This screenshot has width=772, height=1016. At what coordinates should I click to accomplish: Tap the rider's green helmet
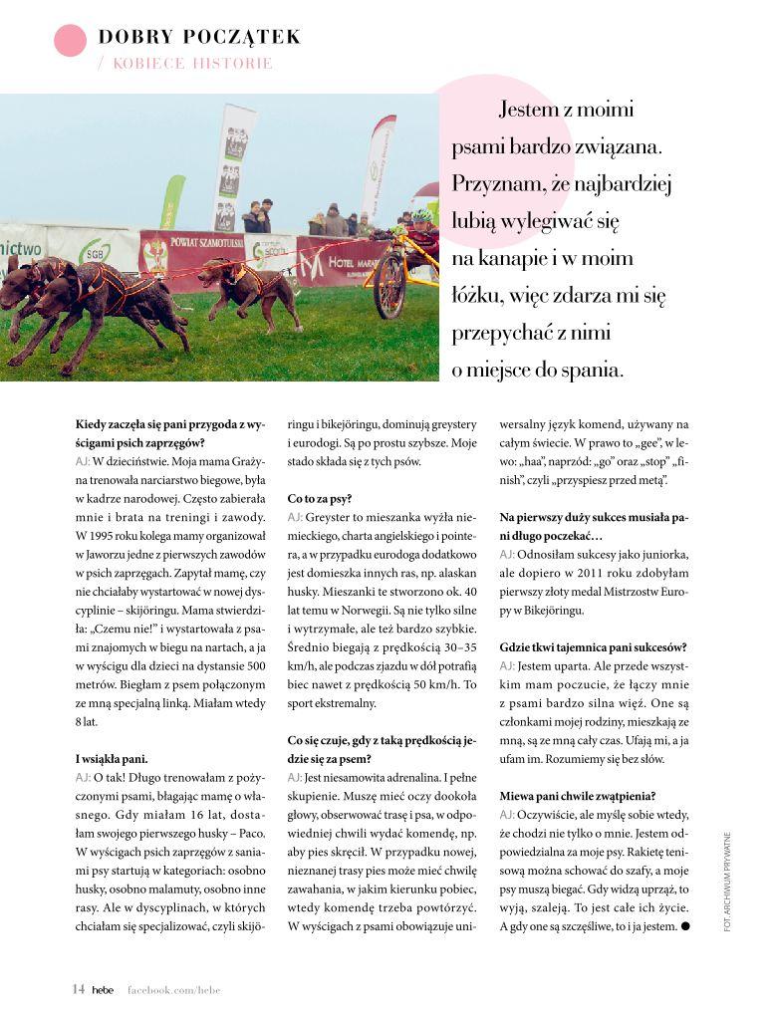click(x=422, y=216)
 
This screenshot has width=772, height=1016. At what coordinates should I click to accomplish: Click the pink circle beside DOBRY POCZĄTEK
click(x=71, y=40)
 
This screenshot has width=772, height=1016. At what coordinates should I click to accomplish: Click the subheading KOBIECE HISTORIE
click(x=192, y=64)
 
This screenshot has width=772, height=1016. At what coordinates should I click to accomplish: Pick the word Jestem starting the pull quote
click(x=537, y=110)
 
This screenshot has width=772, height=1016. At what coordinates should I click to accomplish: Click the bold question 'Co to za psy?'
click(x=320, y=497)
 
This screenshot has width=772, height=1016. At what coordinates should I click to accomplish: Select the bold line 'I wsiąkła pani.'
click(x=112, y=758)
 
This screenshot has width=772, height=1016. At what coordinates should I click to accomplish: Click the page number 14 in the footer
click(x=78, y=989)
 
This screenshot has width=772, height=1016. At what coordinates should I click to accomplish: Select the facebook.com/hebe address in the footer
click(x=173, y=990)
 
